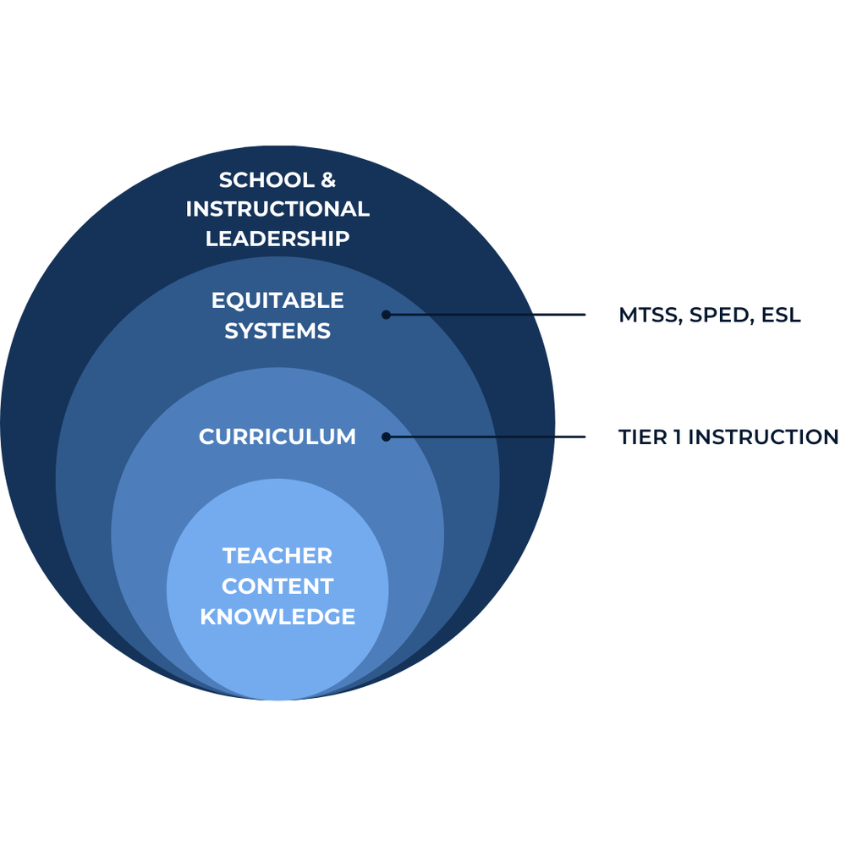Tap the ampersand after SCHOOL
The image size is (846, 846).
click(x=327, y=180)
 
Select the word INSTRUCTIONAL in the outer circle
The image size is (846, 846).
click(x=277, y=209)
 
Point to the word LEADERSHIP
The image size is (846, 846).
click(x=277, y=239)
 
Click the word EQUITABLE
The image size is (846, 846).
click(x=277, y=300)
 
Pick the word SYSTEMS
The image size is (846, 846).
click(x=277, y=331)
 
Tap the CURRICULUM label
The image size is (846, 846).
click(x=277, y=437)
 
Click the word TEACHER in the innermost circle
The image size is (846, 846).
click(x=277, y=556)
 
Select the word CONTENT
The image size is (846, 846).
click(x=277, y=586)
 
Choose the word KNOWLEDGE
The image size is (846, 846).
click(x=277, y=617)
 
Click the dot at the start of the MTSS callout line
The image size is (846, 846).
click(x=386, y=315)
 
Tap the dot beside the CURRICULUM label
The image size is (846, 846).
click(x=386, y=437)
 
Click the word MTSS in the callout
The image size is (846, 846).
click(x=651, y=316)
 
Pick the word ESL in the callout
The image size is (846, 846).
click(x=780, y=316)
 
